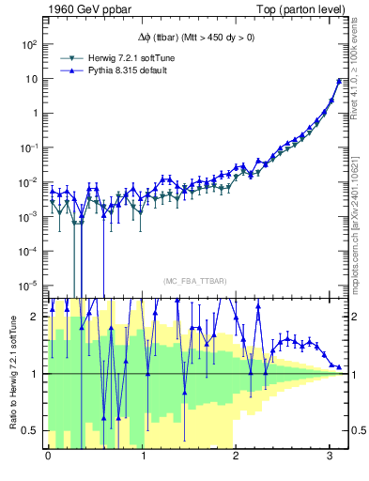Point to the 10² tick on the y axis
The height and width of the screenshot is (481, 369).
28,44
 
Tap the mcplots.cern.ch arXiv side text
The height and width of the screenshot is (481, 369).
361,216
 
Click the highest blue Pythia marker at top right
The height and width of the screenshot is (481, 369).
338,81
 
